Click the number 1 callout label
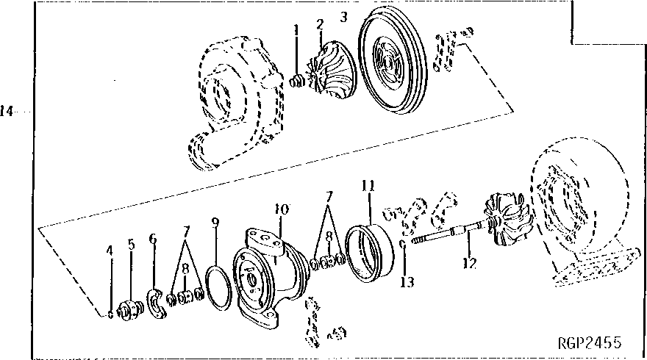(296, 30)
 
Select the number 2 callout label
(320, 24)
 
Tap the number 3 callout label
(344, 16)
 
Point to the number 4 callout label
(110, 250)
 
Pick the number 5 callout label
(131, 245)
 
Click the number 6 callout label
(153, 239)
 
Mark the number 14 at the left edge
(7, 112)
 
